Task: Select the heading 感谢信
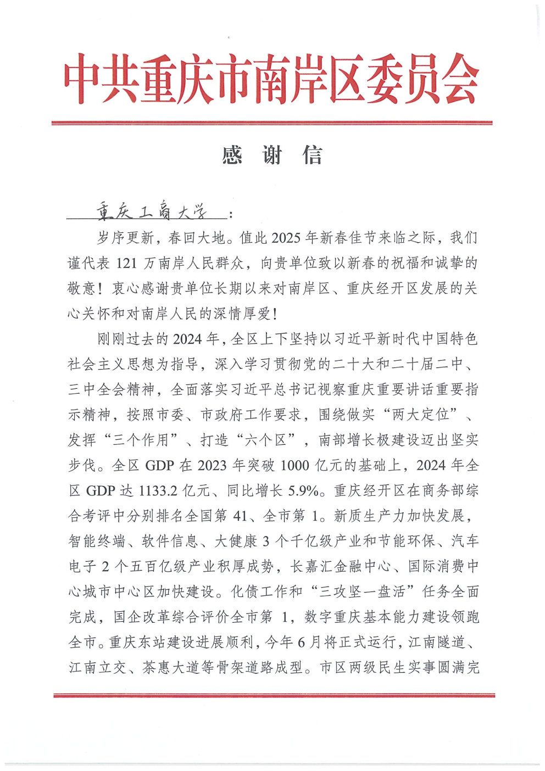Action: coord(272,156)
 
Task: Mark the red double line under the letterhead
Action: coord(272,122)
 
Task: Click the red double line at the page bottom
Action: coord(274,696)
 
